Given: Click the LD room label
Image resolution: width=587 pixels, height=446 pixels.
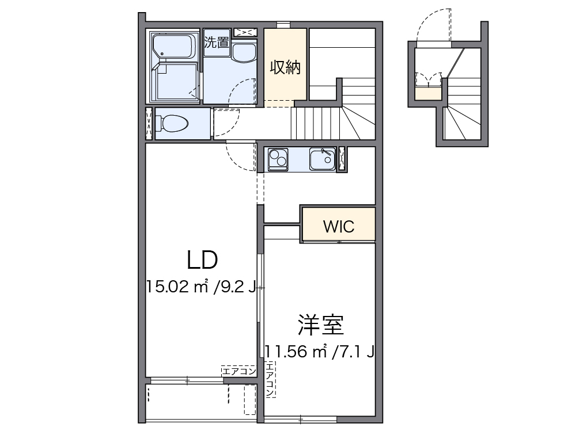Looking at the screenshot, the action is click(x=202, y=260).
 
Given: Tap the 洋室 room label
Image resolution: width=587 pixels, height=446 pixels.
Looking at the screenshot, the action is click(x=321, y=325).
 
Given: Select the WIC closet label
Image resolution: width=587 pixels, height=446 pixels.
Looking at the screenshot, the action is click(x=339, y=227).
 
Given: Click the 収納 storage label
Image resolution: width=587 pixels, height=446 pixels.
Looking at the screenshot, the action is click(x=285, y=67).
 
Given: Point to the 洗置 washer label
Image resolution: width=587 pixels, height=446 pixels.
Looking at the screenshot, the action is click(x=217, y=42).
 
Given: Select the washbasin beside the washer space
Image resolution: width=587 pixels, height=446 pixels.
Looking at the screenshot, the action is click(x=244, y=52).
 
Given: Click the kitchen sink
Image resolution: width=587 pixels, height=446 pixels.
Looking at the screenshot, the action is click(x=323, y=159).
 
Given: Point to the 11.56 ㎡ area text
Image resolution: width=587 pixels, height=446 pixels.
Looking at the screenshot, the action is click(x=296, y=352).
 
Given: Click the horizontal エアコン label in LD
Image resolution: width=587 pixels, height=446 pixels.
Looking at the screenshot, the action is click(x=239, y=371).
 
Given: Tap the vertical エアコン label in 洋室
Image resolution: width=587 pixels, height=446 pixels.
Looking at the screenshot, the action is click(x=270, y=379).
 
